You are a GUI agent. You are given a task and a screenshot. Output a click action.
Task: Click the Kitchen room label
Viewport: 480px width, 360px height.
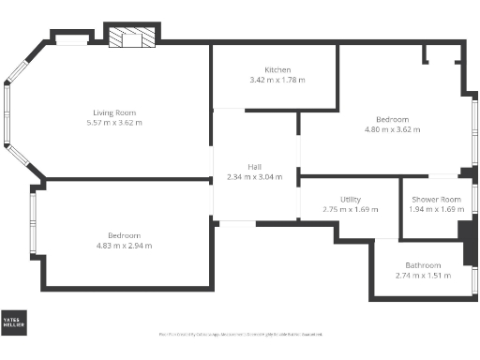(x=277, y=70)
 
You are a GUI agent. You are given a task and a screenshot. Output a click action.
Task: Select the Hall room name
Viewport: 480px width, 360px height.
(x=255, y=167)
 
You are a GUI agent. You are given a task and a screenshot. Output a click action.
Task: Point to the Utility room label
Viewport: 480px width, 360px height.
(x=351, y=200)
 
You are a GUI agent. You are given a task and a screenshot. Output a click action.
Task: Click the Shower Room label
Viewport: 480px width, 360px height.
(x=436, y=199)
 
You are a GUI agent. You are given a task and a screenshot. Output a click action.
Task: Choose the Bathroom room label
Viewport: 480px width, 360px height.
(x=423, y=265)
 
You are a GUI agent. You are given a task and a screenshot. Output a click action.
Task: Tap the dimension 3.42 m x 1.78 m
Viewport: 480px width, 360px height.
(x=277, y=80)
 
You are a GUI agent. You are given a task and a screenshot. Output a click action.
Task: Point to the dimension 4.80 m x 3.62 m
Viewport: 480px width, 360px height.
(x=393, y=129)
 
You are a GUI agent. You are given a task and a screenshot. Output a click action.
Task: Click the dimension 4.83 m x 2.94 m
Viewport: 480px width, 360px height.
(x=124, y=246)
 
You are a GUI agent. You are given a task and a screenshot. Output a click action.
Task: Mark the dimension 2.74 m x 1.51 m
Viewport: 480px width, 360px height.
(x=423, y=276)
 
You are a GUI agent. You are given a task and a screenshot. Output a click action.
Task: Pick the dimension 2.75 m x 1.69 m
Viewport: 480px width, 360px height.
(x=351, y=209)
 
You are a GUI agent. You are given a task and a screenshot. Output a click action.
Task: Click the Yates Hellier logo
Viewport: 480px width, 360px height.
(x=14, y=322)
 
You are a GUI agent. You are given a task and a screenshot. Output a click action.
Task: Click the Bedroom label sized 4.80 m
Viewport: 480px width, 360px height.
(x=393, y=119)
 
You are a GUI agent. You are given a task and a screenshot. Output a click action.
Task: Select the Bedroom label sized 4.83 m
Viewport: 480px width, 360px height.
(x=124, y=235)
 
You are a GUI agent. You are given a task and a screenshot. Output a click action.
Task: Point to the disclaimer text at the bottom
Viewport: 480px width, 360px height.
(x=241, y=334)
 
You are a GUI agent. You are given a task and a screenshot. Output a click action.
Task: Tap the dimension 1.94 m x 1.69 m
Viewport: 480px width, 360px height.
(x=436, y=209)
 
